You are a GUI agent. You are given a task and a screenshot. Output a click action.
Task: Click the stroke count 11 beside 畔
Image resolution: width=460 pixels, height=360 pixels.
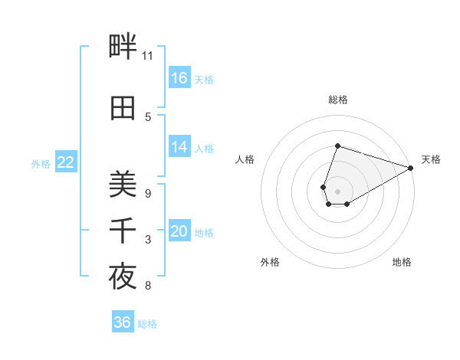[x=148, y=56]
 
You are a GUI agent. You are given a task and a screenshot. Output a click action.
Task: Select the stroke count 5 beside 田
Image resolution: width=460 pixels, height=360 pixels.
[x=148, y=116]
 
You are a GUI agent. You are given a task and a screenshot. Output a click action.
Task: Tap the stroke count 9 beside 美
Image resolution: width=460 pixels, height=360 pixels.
[x=148, y=193]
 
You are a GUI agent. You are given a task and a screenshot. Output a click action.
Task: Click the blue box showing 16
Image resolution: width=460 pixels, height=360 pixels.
[x=179, y=78]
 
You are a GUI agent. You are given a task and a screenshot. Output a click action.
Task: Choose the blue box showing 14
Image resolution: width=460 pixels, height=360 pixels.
[x=179, y=147]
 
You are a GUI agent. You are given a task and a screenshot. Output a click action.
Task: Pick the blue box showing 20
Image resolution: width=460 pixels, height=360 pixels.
[x=179, y=231]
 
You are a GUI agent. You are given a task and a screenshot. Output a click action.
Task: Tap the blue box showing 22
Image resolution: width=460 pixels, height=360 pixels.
[x=66, y=162]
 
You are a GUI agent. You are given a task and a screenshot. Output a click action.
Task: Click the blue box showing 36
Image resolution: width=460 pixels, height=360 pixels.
[x=122, y=322]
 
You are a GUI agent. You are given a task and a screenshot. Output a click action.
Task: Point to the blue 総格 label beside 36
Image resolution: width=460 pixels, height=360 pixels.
[x=147, y=324]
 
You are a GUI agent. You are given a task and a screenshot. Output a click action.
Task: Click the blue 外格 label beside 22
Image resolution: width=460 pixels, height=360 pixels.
[x=41, y=163]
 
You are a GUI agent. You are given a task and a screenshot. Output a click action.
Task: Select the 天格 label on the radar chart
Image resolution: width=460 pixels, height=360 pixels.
[x=431, y=159]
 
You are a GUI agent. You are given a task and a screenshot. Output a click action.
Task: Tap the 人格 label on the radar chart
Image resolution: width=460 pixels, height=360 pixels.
[x=245, y=159]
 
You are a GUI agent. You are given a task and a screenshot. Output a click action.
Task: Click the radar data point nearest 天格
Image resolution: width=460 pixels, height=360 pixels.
[x=411, y=168]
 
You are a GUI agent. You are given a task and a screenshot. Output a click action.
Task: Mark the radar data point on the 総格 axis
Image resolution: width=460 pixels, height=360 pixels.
[x=337, y=146]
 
